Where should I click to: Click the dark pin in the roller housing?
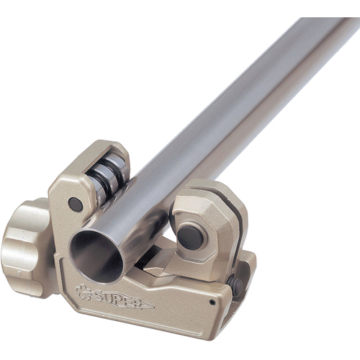point(76,204)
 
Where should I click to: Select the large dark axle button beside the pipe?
point(190,238)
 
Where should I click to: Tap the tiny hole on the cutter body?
point(212,302)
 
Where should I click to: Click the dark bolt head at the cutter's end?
point(236,287)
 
